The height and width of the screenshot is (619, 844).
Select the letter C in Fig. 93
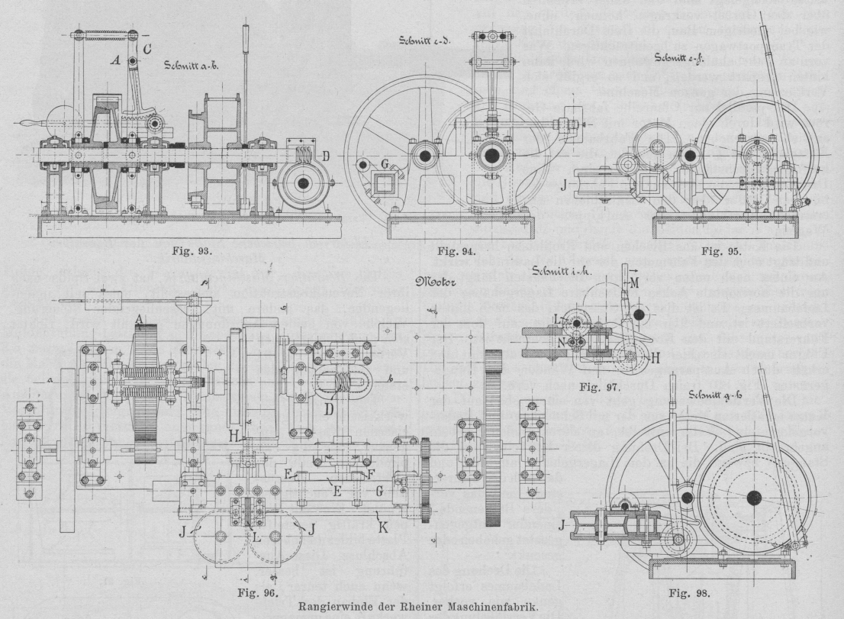147,51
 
